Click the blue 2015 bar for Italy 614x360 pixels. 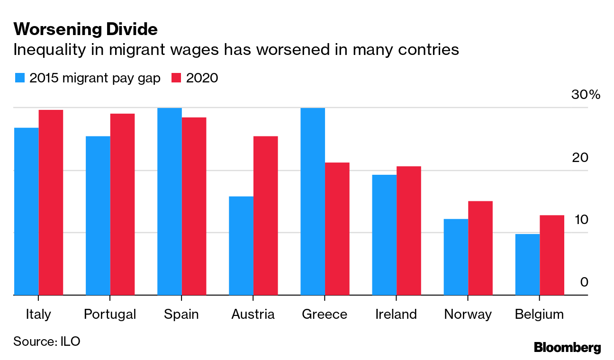tap(26, 211)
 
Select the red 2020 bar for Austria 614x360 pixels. tap(265, 216)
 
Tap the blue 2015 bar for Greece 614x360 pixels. tap(313, 201)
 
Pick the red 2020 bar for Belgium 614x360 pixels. tap(552, 255)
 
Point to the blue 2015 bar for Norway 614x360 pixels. tap(456, 257)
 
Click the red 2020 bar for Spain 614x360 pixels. tap(194, 206)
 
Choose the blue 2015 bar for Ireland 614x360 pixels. tap(384, 235)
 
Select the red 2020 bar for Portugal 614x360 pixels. tap(122, 204)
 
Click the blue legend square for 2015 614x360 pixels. tap(20, 78)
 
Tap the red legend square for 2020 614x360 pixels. tap(176, 78)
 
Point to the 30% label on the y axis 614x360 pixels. tap(586, 95)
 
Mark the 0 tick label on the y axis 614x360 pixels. tap(584, 282)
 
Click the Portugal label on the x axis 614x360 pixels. tap(109, 315)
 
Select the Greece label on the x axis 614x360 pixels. tap(324, 315)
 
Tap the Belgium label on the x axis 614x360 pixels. tap(539, 315)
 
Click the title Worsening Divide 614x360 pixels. tap(85, 30)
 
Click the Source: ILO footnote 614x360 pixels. tap(46, 341)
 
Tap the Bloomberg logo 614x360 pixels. tap(567, 347)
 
